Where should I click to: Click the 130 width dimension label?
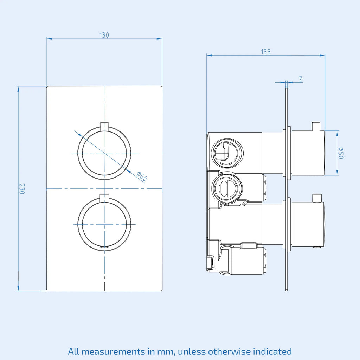[104, 35]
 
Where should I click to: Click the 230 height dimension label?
[21, 189]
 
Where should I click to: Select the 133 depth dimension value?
[266, 52]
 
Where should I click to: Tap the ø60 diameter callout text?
[142, 176]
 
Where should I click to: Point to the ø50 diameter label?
[341, 153]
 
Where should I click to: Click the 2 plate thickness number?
[301, 79]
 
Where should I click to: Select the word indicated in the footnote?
[272, 351]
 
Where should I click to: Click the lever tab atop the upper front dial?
[104, 125]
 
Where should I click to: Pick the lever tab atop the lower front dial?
[104, 197]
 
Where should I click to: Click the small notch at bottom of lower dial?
[104, 247]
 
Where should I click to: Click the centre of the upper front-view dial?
[104, 153]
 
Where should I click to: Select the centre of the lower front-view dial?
[104, 224]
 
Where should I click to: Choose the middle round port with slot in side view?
[227, 188]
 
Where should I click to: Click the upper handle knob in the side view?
[308, 153]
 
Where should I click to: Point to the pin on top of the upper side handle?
[316, 127]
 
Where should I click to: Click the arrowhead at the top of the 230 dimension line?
[18, 89]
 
